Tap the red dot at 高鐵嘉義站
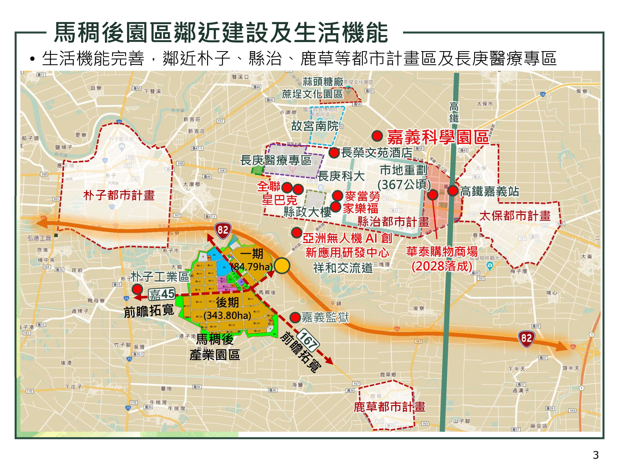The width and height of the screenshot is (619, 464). point(453,191)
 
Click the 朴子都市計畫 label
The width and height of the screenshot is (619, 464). point(119,195)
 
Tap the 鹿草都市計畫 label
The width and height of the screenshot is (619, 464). point(390,407)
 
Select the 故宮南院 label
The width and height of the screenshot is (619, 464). point(315,126)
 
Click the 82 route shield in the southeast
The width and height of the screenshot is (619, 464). point(526,338)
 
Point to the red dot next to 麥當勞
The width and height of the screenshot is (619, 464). point(337,195)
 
